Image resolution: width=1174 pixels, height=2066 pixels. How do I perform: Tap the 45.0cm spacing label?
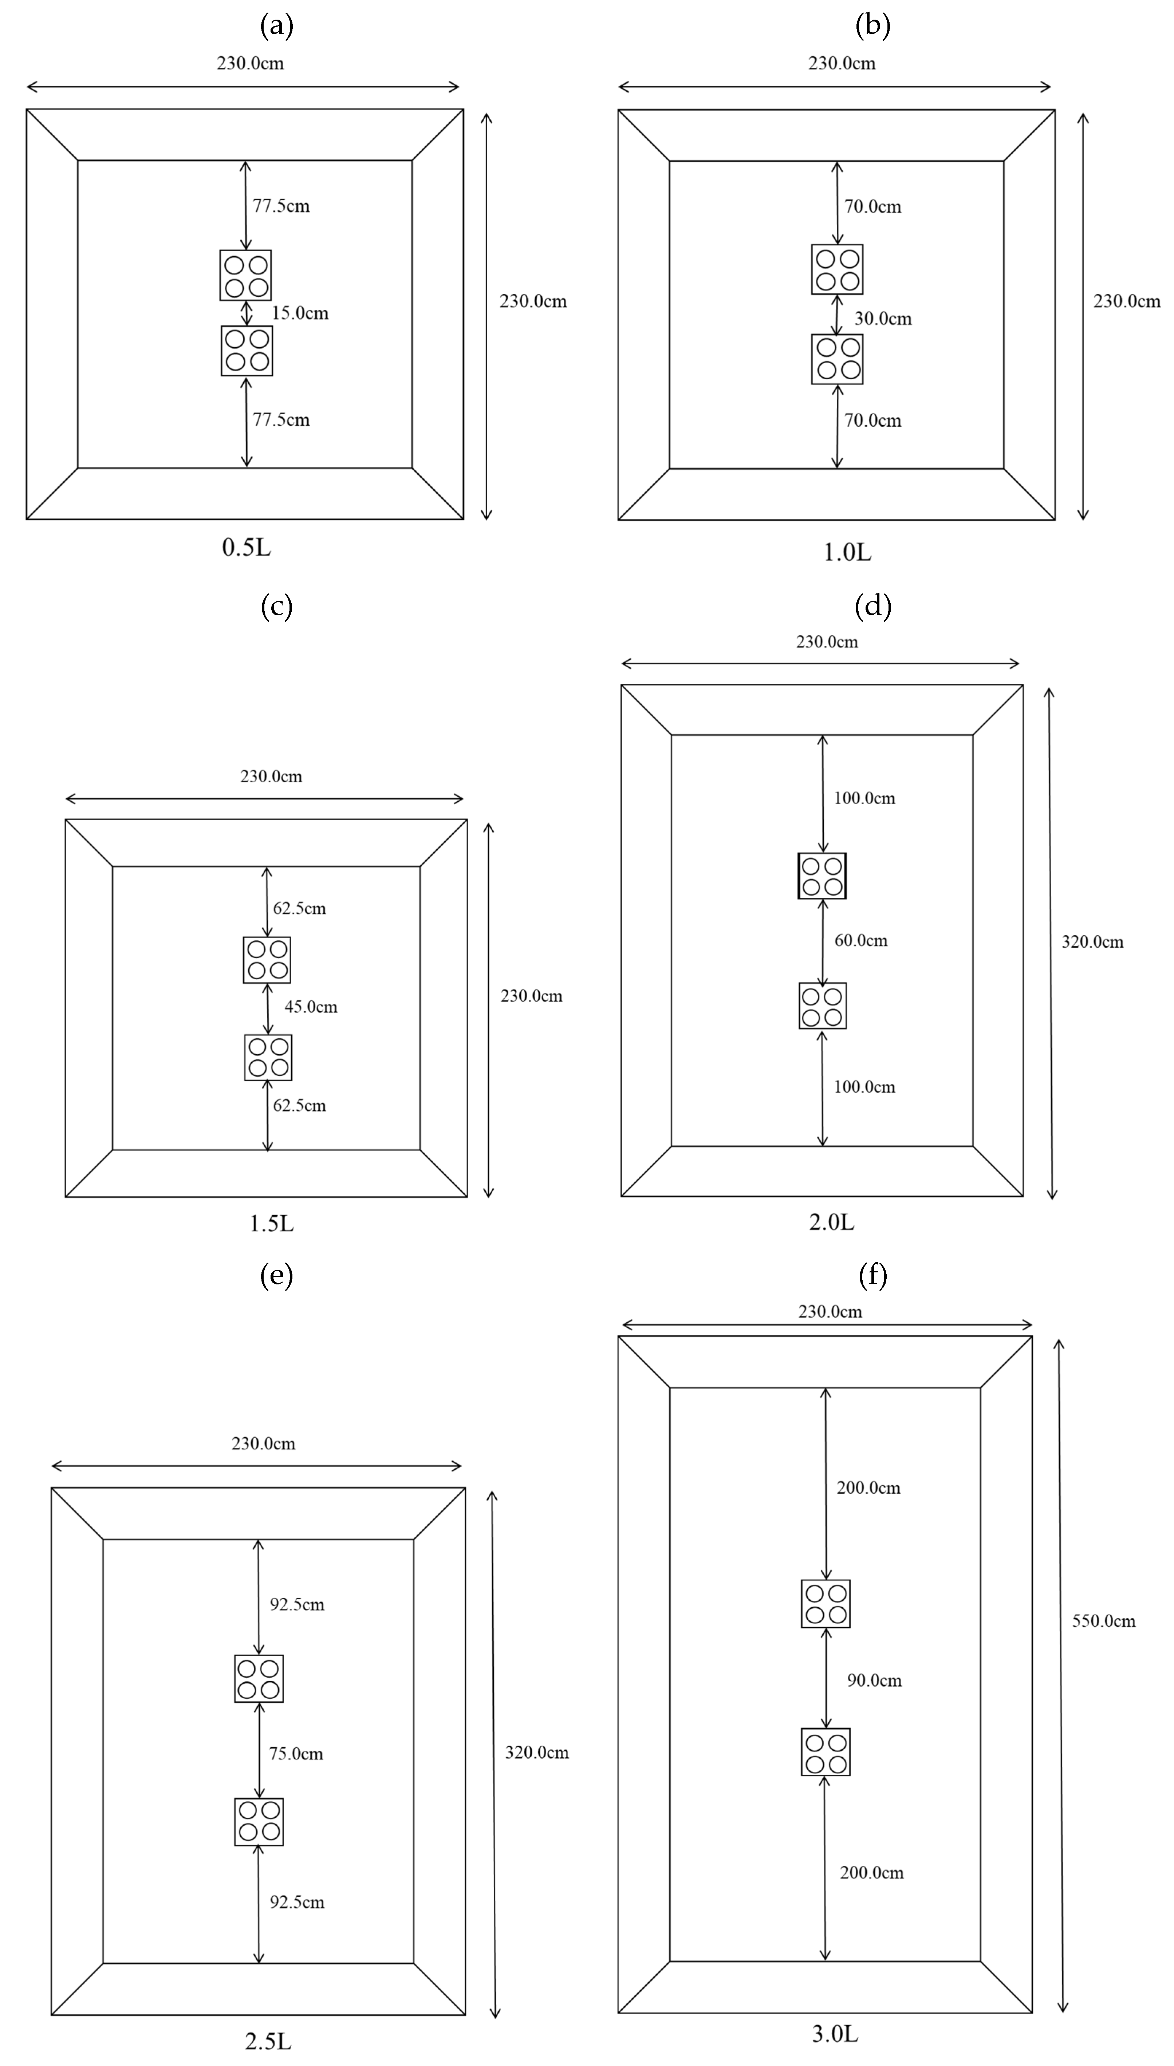point(310,1007)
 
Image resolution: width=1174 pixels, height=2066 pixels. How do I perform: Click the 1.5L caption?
point(272,1224)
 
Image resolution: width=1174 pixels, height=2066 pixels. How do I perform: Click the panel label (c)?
point(277,606)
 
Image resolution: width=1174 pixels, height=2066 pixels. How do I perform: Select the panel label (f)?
point(873,1275)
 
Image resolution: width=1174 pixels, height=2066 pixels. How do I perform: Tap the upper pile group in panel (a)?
point(246,275)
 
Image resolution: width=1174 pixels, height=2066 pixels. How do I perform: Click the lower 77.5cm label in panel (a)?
point(281,419)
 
